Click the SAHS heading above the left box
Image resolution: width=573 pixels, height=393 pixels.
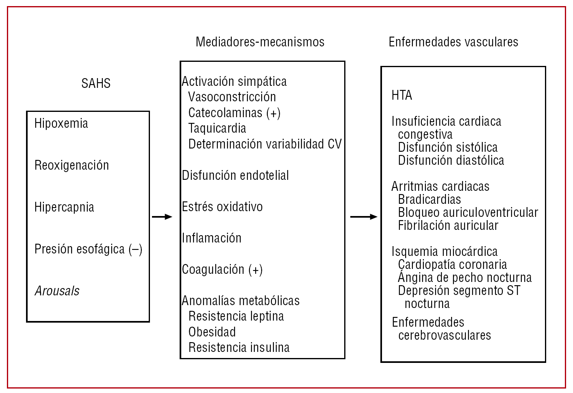point(96,83)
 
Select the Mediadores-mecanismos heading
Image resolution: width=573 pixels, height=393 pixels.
point(260,42)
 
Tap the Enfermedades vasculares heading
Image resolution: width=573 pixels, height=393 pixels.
point(453,42)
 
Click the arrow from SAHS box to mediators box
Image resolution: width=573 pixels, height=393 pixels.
point(162,217)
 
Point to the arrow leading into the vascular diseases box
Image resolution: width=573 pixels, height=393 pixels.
point(363,217)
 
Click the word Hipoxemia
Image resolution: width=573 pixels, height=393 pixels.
point(61,123)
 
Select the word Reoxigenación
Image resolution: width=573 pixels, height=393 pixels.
point(72,165)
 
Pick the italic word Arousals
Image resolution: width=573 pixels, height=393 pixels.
point(57,291)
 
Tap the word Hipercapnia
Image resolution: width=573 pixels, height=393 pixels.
point(64,207)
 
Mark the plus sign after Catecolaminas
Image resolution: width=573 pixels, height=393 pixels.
point(273,113)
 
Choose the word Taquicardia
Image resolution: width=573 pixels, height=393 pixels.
point(217,129)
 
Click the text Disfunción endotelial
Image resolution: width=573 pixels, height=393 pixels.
point(235,175)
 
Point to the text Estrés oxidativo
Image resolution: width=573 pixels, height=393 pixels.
point(222,207)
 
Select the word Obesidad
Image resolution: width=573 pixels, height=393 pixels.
point(212,332)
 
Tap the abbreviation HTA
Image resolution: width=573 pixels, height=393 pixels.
point(402,95)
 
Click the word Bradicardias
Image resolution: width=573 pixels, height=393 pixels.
point(430,199)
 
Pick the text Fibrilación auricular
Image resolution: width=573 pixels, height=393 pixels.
point(448,225)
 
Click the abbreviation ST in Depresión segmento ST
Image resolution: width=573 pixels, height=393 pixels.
point(513,290)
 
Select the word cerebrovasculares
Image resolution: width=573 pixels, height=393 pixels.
point(445,335)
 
